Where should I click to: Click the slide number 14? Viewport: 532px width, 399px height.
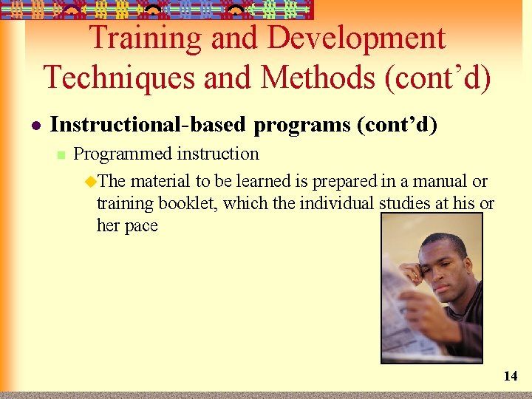tap(511, 376)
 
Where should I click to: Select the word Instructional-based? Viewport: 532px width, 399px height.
tap(147, 125)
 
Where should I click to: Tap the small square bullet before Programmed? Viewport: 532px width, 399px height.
tap(61, 154)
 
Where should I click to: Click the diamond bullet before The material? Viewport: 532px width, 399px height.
tap(91, 181)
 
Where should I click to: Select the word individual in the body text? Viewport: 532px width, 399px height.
tap(338, 203)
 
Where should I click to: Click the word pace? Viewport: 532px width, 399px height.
tap(142, 225)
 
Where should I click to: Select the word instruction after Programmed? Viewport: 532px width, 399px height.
tap(216, 154)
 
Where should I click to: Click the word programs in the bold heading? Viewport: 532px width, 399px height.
tap(302, 125)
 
